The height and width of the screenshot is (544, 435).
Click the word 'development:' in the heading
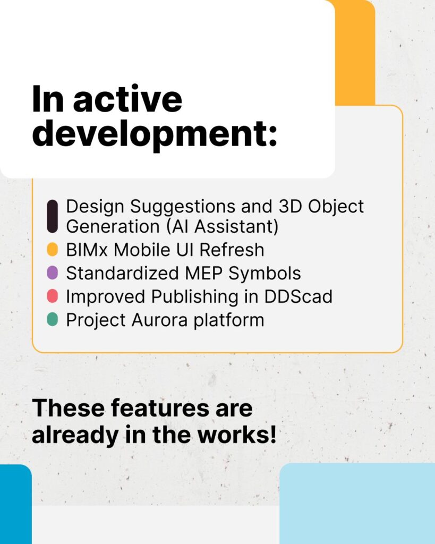tap(155, 134)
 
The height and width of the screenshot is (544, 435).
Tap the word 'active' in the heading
tap(127, 99)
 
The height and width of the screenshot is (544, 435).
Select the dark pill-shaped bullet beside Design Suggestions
tap(52, 216)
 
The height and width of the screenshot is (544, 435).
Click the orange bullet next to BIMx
tap(52, 249)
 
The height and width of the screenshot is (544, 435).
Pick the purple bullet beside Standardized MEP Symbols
tap(52, 273)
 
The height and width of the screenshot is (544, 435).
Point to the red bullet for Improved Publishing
tap(52, 296)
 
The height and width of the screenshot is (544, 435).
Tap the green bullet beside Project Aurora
tap(52, 320)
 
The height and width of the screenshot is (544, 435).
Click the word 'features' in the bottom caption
tap(146, 408)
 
